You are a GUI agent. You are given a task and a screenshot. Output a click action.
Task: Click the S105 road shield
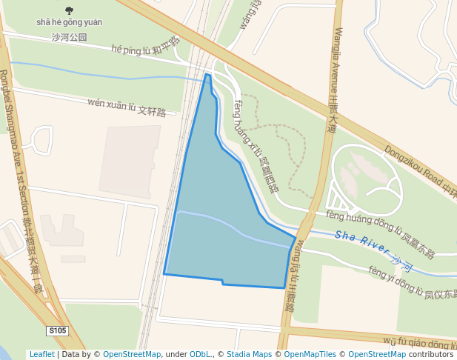pyautogui.click(x=57, y=331)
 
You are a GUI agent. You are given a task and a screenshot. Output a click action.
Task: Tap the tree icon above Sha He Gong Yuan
pyautogui.click(x=70, y=10)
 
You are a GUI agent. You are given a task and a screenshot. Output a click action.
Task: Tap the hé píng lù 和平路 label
pyautogui.click(x=144, y=47)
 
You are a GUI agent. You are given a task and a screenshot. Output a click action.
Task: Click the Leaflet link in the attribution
pyautogui.click(x=41, y=354)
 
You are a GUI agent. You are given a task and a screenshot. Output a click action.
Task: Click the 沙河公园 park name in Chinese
pyautogui.click(x=69, y=36)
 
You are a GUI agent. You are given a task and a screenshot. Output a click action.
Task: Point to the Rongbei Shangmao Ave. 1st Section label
pyautogui.click(x=19, y=178)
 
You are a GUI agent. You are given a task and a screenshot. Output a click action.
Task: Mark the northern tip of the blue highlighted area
pyautogui.click(x=207, y=74)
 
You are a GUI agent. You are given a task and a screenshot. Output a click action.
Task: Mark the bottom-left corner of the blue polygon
pyautogui.click(x=164, y=274)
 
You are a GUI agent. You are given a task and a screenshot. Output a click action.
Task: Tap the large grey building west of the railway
pyautogui.click(x=130, y=160)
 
